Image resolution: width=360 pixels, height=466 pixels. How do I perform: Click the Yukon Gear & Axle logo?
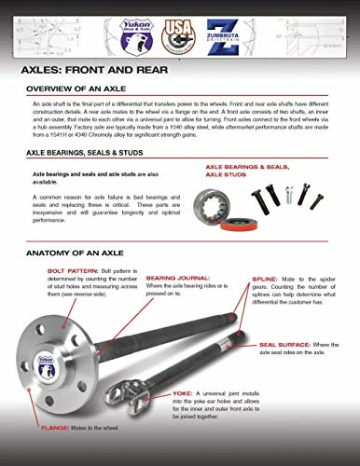pyautogui.click(x=143, y=34)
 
